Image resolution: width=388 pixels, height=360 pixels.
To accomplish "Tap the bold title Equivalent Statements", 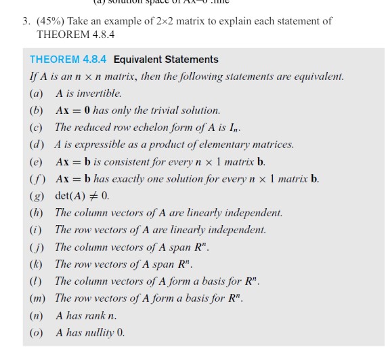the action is click(x=161, y=60).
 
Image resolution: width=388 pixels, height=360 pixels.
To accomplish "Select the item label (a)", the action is click(x=37, y=94).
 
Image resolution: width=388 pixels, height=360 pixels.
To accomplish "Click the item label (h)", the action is click(x=37, y=213).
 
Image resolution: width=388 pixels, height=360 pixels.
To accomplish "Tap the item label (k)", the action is click(x=37, y=264).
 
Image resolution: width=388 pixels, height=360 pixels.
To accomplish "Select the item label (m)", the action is click(x=37, y=298).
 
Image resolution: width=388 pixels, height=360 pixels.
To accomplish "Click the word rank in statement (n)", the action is click(x=94, y=316).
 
